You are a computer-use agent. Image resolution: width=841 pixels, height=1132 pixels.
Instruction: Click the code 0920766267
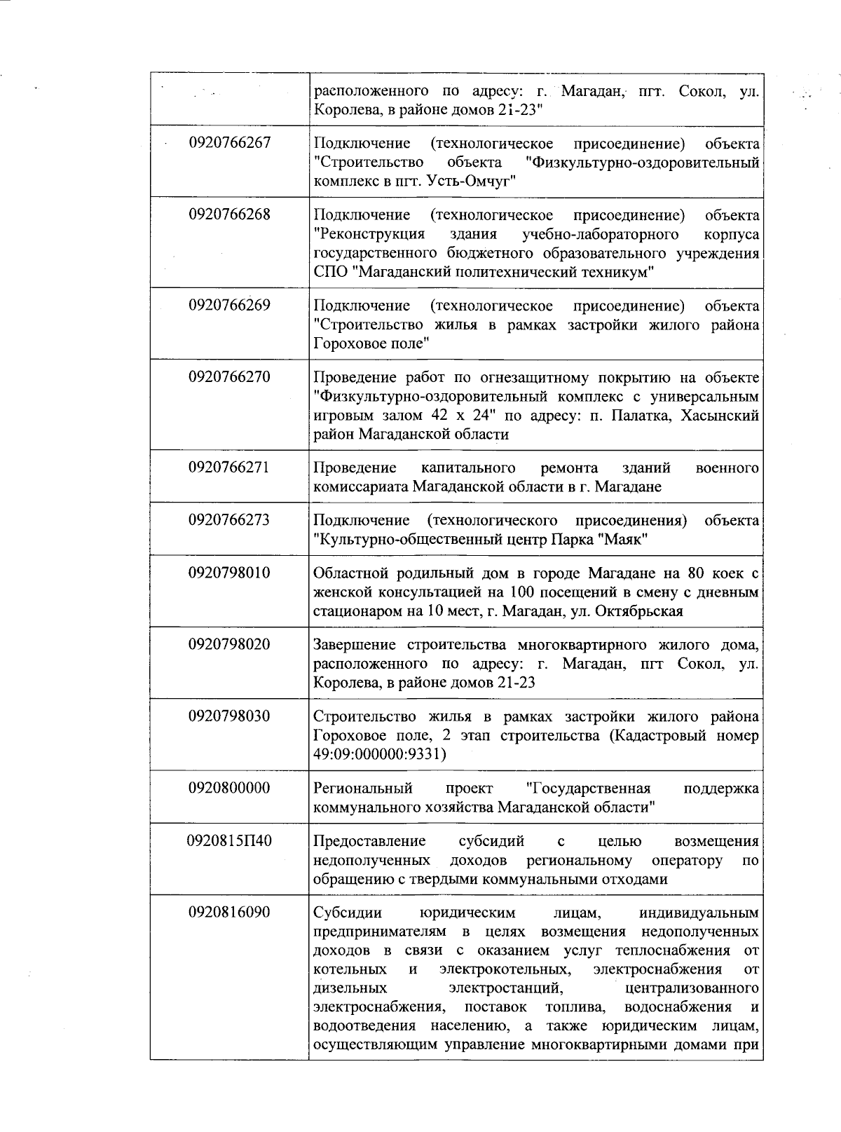pyautogui.click(x=229, y=143)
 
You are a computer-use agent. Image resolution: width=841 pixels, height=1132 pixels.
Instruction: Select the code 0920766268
pyautogui.click(x=229, y=214)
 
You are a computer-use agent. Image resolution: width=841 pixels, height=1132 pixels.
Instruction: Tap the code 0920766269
pyautogui.click(x=229, y=306)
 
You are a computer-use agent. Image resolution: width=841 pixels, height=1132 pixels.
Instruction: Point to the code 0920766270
pyautogui.click(x=229, y=377)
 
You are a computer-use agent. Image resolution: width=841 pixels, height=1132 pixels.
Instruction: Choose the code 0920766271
pyautogui.click(x=229, y=468)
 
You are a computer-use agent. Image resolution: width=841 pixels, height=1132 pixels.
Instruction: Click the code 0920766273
pyautogui.click(x=229, y=520)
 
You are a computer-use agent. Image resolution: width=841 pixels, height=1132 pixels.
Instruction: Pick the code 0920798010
pyautogui.click(x=229, y=573)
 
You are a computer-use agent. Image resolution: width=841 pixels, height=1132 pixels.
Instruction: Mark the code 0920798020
pyautogui.click(x=229, y=645)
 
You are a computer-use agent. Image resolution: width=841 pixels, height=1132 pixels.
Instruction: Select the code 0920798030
pyautogui.click(x=229, y=716)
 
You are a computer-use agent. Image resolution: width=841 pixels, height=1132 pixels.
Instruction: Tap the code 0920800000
pyautogui.click(x=229, y=788)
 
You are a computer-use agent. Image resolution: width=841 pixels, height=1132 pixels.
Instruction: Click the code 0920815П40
pyautogui.click(x=229, y=840)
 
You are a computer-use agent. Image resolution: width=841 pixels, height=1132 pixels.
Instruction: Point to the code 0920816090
pyautogui.click(x=229, y=913)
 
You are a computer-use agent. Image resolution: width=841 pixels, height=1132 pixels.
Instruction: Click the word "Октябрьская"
pyautogui.click(x=638, y=611)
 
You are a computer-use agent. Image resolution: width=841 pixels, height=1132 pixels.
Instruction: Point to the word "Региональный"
pyautogui.click(x=363, y=788)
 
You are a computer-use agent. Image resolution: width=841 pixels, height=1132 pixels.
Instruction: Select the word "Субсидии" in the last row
pyautogui.click(x=348, y=913)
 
